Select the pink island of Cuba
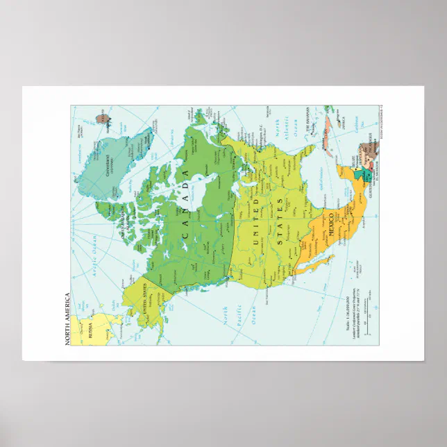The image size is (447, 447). [x=328, y=133]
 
